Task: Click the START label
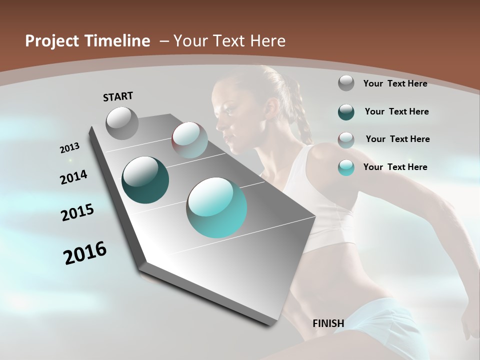pos(118,96)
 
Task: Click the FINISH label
pos(328,323)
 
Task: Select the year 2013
pos(69,148)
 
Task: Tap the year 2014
pos(73,177)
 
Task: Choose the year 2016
pos(85,253)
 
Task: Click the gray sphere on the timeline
pos(122,123)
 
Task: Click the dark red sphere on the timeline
pos(189,140)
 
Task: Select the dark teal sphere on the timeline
pos(145,180)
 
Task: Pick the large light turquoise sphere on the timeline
pos(216,207)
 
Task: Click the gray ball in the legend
pos(346,83)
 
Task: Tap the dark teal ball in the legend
pos(346,111)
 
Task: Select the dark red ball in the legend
pos(346,139)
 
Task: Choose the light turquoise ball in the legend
pos(346,167)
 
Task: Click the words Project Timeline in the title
pos(87,41)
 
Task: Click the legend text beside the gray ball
pos(395,83)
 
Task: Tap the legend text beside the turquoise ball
pos(395,167)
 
